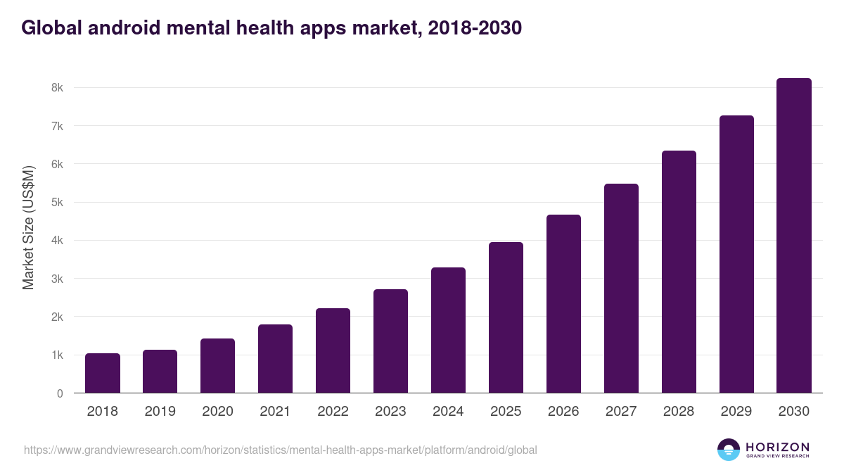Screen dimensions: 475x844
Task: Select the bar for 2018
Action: pos(103,373)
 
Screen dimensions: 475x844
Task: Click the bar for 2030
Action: pos(794,236)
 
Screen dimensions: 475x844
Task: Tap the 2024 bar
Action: pos(448,330)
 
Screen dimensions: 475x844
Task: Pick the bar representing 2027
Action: pos(621,289)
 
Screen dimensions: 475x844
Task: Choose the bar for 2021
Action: pos(275,359)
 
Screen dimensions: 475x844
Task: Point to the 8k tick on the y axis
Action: pos(56,88)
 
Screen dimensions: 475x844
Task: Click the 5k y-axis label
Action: pos(56,203)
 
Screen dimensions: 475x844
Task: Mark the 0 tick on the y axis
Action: pos(60,393)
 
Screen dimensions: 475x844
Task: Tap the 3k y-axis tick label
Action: pos(56,279)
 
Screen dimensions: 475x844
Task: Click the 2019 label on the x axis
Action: pos(160,412)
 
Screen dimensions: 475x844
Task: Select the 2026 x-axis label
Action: pos(563,412)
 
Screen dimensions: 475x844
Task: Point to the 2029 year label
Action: pos(736,412)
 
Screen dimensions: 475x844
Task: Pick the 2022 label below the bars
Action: pos(333,412)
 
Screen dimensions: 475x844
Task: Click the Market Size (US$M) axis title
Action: pos(28,227)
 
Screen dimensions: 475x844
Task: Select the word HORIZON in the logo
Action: pos(777,447)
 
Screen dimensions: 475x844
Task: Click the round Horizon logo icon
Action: pos(729,450)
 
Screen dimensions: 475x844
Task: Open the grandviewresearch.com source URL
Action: pos(281,450)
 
